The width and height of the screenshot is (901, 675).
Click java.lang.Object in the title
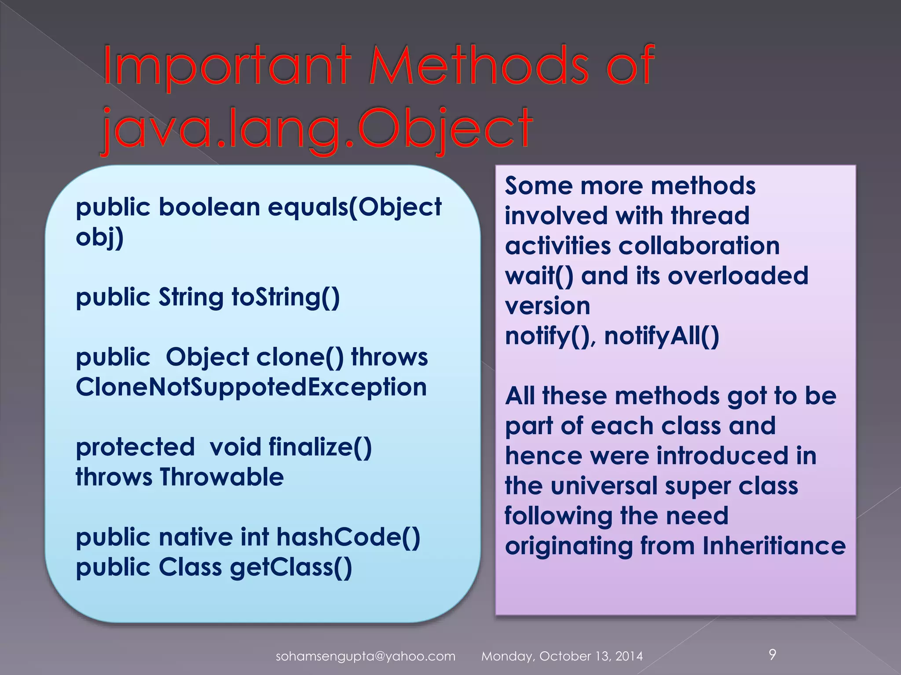click(x=317, y=128)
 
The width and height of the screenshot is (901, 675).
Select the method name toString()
click(x=286, y=298)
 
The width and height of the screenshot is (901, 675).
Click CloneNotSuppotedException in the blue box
click(x=251, y=387)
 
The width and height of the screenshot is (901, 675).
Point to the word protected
click(x=135, y=447)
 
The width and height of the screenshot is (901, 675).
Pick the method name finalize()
click(x=320, y=447)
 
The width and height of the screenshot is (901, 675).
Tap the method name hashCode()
click(x=348, y=537)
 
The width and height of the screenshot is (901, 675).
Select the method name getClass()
click(x=291, y=567)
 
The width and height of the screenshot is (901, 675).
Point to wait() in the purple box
click(x=539, y=276)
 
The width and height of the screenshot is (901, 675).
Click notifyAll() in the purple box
click(x=661, y=336)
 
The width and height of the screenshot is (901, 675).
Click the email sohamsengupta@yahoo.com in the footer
click(x=365, y=656)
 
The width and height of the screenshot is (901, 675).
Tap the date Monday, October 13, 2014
click(x=562, y=656)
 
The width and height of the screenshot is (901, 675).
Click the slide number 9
click(x=772, y=654)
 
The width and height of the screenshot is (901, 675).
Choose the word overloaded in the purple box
click(x=738, y=276)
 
